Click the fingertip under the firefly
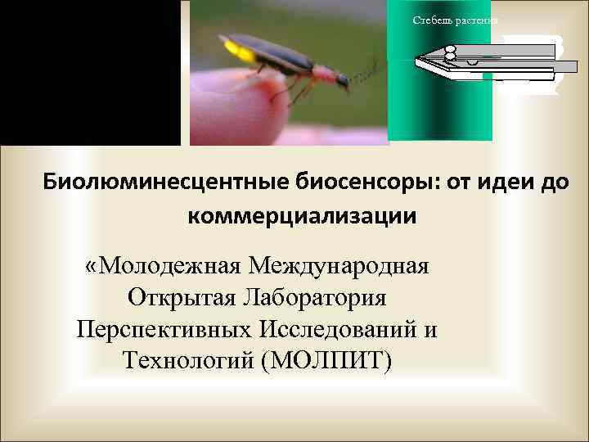[x=245, y=115]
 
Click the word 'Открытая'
[x=179, y=298]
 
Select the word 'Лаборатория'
[x=315, y=298]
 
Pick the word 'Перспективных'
[x=163, y=328]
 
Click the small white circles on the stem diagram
[x=450, y=52]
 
